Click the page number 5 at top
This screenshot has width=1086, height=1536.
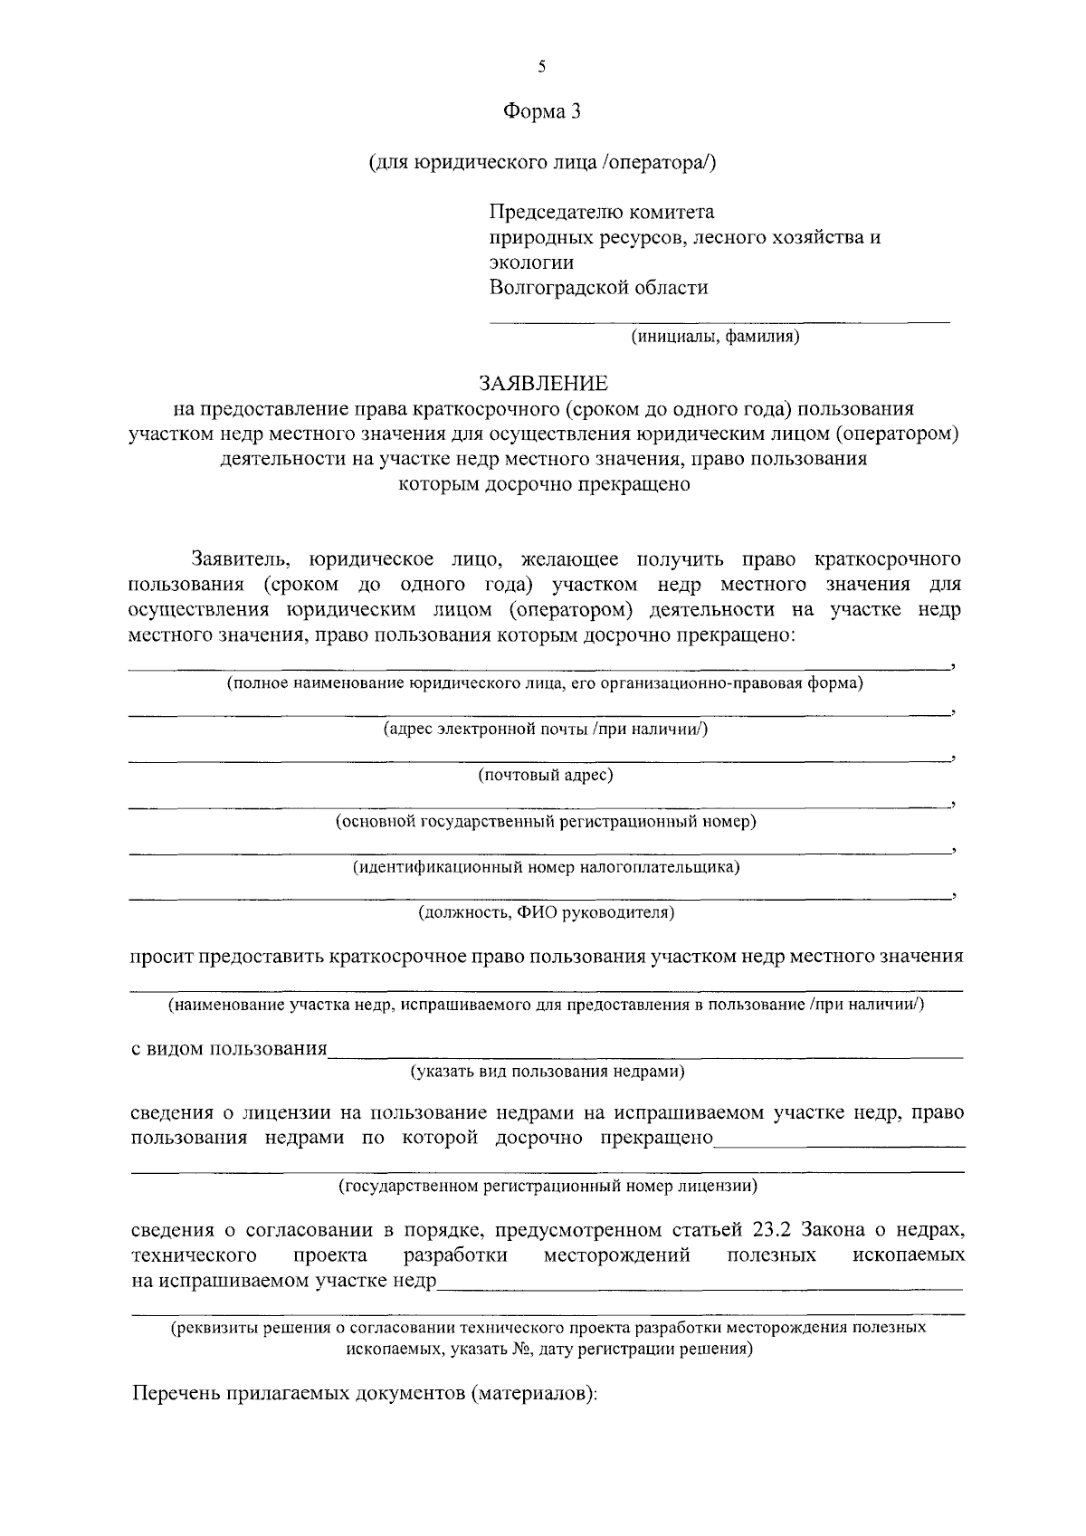pos(541,66)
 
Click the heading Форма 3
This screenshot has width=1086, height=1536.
pos(541,112)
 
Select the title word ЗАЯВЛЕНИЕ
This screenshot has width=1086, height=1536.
pos(543,384)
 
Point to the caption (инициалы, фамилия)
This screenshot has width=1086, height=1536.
pos(715,338)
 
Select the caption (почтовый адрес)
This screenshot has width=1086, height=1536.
pos(545,776)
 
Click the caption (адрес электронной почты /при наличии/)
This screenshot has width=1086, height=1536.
pos(545,730)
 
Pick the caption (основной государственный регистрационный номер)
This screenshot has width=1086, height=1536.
pos(545,822)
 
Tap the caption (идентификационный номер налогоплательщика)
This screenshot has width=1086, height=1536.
pos(545,867)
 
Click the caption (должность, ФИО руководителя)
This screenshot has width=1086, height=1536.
pos(545,912)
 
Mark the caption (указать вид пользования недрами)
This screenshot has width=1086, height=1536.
pos(547,1073)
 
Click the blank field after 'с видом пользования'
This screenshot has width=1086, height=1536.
pos(645,1052)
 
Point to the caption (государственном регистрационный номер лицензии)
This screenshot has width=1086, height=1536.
pos(548,1185)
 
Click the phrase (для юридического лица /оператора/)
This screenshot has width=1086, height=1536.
pos(541,163)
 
